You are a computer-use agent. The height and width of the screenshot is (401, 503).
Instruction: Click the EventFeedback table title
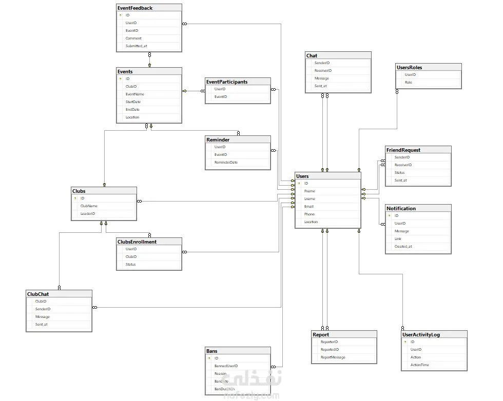click(x=135, y=8)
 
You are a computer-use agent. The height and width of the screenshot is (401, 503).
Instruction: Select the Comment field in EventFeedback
click(x=133, y=38)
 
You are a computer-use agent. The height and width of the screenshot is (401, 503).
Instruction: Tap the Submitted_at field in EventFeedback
click(x=136, y=46)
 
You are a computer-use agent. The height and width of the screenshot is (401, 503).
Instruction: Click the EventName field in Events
click(x=135, y=94)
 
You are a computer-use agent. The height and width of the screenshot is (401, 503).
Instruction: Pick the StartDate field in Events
click(x=133, y=102)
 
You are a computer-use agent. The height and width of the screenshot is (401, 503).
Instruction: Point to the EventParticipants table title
click(x=227, y=82)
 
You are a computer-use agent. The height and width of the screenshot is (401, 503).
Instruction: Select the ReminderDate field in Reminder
click(x=226, y=163)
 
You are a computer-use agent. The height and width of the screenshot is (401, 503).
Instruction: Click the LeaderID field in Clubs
click(x=88, y=214)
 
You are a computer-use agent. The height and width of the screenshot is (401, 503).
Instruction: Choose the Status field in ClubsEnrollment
click(x=131, y=265)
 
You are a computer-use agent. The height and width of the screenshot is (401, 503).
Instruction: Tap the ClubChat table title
click(x=38, y=294)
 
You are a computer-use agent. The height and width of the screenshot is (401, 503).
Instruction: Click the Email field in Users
click(x=308, y=207)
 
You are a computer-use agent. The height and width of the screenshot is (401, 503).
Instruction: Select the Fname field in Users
click(x=309, y=191)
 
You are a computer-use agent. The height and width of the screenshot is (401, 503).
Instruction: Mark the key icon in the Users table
click(x=299, y=184)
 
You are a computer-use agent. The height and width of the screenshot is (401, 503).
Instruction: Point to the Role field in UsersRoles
click(x=409, y=83)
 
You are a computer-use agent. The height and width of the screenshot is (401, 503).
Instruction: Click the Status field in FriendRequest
click(x=399, y=173)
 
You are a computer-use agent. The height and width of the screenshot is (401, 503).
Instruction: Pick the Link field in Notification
click(x=398, y=239)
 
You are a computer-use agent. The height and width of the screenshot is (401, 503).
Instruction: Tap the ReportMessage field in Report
click(x=333, y=357)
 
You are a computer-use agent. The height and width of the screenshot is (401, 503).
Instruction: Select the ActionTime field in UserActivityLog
click(x=420, y=365)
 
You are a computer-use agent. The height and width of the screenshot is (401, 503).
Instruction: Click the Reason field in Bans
click(x=220, y=374)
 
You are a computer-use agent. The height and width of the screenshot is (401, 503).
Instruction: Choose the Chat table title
click(x=312, y=55)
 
